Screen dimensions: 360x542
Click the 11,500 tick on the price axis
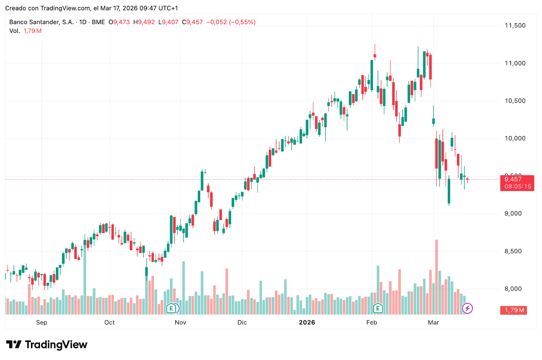(x=515, y=26)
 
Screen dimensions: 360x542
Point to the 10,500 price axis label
(x=515, y=101)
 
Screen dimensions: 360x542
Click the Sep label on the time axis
(x=42, y=322)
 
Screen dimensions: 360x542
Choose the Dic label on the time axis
(x=242, y=322)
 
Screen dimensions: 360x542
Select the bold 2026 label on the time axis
(x=307, y=322)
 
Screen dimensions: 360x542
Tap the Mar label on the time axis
(x=433, y=322)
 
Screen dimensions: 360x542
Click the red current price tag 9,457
(x=513, y=179)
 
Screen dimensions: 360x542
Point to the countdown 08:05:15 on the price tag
(x=517, y=186)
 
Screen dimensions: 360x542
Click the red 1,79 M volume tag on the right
(x=514, y=310)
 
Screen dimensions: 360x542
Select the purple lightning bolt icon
(x=468, y=309)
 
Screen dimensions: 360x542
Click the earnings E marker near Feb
(x=378, y=308)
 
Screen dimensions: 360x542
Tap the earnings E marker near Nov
(x=171, y=308)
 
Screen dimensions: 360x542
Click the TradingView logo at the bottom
(x=47, y=345)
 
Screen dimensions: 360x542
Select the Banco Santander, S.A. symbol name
(x=41, y=22)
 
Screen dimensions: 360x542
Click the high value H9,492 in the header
(x=144, y=22)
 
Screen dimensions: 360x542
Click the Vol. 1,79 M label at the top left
(x=25, y=30)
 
